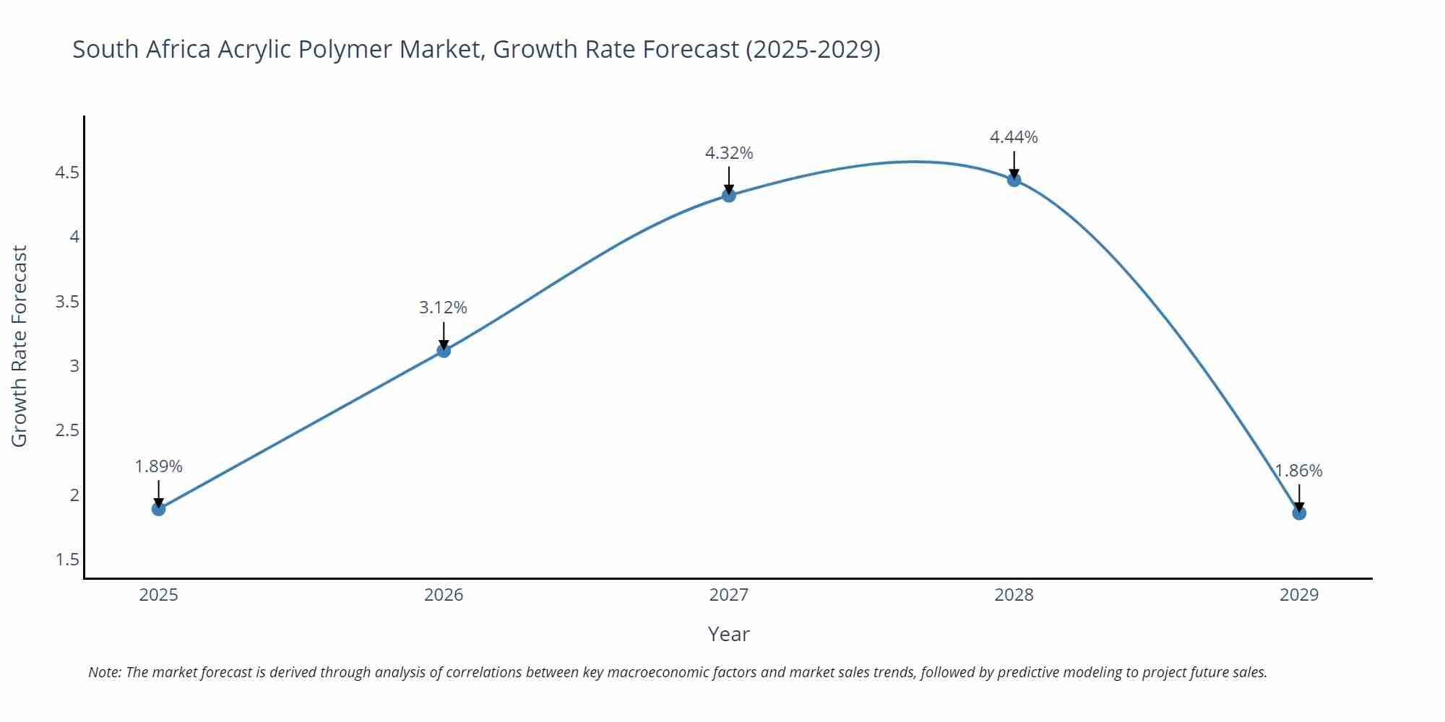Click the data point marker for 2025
point(158,509)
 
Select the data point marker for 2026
point(444,350)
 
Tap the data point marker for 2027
point(729,195)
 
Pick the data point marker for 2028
point(1014,180)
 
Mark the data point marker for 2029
point(1299,513)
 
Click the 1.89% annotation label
point(158,466)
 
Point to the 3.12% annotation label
point(443,308)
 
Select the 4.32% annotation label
point(729,153)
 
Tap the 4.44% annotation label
point(1014,137)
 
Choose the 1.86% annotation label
point(1298,471)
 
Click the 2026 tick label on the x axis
point(444,595)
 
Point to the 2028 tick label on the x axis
point(1014,595)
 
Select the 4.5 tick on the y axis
point(67,173)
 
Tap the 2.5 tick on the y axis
point(67,430)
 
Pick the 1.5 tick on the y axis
point(67,560)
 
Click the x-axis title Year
point(728,634)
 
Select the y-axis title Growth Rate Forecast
point(20,346)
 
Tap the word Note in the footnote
point(104,672)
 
